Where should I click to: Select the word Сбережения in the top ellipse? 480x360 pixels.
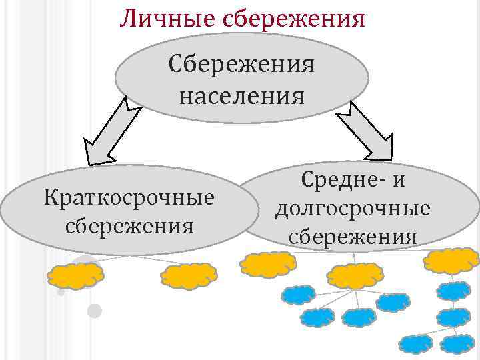coord(241,67)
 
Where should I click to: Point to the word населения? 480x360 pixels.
coord(241,97)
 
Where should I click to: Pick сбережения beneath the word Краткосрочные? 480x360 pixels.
coord(129,225)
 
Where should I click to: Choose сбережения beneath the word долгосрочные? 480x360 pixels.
coord(353,237)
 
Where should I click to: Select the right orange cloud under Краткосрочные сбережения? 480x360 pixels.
coord(189,275)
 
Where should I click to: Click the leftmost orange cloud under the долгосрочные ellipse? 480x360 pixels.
coord(267,265)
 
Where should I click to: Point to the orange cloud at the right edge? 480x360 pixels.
coord(451,261)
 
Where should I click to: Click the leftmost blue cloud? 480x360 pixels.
coord(298,294)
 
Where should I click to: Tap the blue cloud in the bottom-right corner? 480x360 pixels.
coord(458,344)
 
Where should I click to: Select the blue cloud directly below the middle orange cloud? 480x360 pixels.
coord(359,317)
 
